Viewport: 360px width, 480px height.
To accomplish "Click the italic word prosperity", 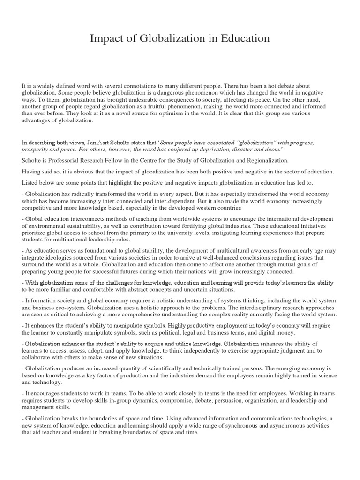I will (36, 149).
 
